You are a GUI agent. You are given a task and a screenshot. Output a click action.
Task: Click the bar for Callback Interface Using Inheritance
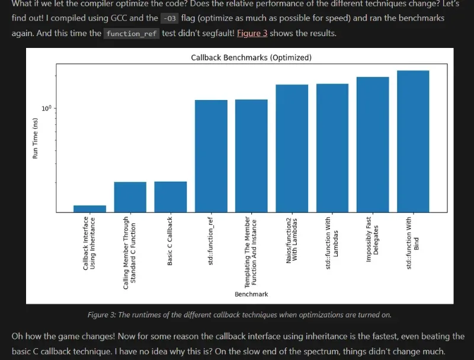90,208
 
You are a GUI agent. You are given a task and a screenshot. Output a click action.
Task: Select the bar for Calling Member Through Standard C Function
130,197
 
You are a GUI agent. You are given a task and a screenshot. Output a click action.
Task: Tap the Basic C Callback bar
171,197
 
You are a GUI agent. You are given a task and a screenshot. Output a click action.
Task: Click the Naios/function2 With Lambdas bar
292,148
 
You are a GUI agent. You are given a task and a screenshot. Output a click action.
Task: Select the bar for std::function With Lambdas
332,147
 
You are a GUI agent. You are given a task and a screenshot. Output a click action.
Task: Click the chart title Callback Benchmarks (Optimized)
251,57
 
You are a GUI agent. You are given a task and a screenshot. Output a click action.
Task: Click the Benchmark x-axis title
251,294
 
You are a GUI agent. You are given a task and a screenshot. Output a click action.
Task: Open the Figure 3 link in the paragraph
252,33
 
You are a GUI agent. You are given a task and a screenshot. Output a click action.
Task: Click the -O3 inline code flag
169,18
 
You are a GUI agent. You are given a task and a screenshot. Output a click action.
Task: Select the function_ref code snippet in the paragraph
132,34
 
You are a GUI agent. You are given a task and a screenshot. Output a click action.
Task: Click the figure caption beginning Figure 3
239,314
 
